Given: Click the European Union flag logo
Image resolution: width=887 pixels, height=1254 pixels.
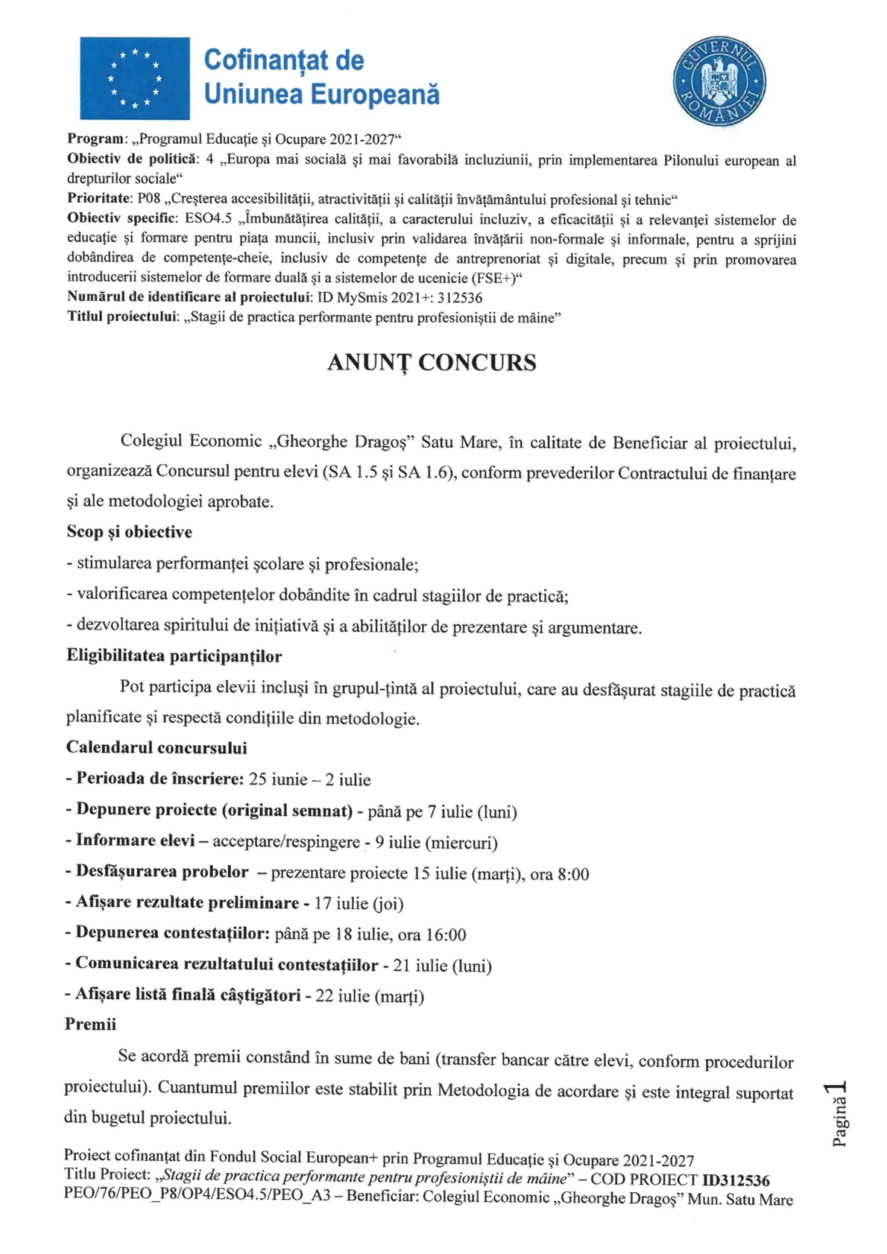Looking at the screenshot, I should coord(135,78).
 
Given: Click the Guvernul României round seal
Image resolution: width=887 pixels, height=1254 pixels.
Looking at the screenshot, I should coord(719,82).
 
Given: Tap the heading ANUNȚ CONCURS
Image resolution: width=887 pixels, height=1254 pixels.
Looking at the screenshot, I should coord(432,363).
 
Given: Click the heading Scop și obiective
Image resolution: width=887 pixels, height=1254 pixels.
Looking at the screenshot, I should coord(129,532).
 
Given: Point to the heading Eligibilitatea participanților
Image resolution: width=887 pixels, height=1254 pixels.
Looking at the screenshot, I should coord(174,656).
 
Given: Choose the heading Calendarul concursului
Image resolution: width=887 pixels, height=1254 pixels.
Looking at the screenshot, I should coord(157,747).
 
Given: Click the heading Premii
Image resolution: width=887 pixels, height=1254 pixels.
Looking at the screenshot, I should coord(90,1025).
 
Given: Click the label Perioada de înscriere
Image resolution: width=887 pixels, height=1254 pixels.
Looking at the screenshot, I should coord(160,779).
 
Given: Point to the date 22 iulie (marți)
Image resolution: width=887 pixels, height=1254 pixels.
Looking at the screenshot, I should coord(370,996).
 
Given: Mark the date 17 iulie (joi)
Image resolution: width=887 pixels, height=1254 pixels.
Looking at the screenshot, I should coord(359,904).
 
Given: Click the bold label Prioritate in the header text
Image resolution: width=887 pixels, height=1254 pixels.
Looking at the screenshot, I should coord(99,199).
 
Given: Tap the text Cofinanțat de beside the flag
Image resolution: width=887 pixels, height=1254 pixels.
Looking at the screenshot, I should coord(284,60).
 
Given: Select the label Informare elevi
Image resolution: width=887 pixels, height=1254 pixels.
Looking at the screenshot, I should coord(135,841).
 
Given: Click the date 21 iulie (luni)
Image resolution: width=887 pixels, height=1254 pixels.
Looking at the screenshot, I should coord(442,966).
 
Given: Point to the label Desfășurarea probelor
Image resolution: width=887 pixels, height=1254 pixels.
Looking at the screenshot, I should coord(162,872).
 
